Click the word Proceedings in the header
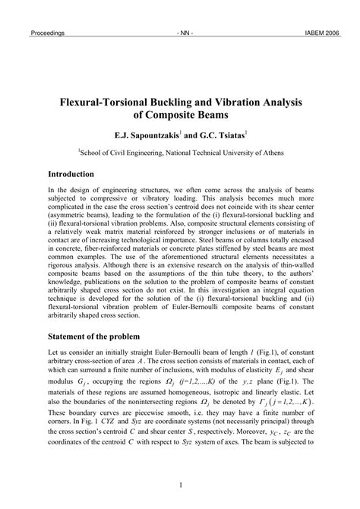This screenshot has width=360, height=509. tap(47, 33)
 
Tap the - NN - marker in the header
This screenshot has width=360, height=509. tap(184, 33)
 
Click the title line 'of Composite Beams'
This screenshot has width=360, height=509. tap(180, 116)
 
